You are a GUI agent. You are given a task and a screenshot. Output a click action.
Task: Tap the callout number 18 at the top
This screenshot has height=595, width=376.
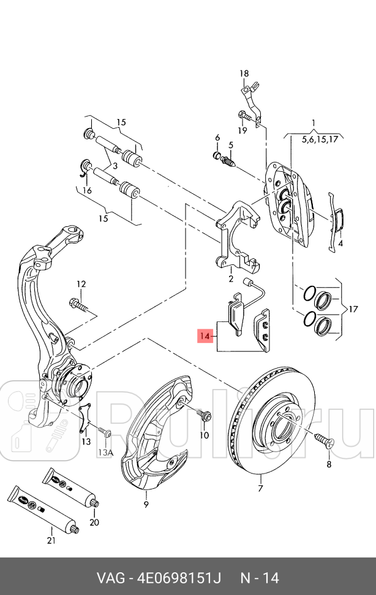(244, 74)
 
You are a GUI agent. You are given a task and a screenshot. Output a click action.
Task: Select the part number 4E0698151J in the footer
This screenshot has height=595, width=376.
(177, 578)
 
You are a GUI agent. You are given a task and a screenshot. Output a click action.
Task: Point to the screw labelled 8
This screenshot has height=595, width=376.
(322, 439)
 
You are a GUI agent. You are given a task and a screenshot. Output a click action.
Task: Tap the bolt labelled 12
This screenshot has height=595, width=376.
(79, 304)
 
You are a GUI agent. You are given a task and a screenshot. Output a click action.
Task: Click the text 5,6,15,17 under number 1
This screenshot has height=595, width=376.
(320, 140)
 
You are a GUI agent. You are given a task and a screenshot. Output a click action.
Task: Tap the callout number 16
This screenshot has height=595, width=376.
(88, 191)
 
